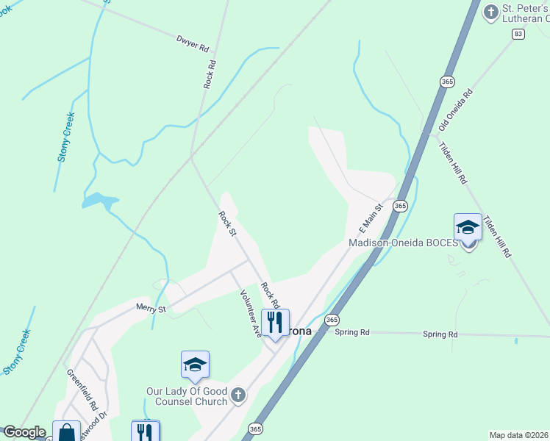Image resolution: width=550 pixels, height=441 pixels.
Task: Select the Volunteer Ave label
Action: (251, 313)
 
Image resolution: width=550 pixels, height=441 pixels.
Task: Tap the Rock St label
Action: (228, 223)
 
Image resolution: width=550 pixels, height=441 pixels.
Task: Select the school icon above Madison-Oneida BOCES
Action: (468, 228)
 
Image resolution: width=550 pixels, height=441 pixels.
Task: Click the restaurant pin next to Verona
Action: (275, 322)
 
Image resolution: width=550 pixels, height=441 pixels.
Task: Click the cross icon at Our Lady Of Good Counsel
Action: (238, 396)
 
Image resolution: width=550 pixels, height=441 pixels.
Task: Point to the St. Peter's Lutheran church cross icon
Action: (490, 12)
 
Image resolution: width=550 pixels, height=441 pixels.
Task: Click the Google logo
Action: (24, 432)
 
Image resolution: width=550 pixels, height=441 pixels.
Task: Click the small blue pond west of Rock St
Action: (99, 200)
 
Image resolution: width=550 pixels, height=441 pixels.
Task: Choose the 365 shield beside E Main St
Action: (400, 207)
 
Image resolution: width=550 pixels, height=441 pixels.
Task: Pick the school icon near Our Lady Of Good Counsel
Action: (196, 365)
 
